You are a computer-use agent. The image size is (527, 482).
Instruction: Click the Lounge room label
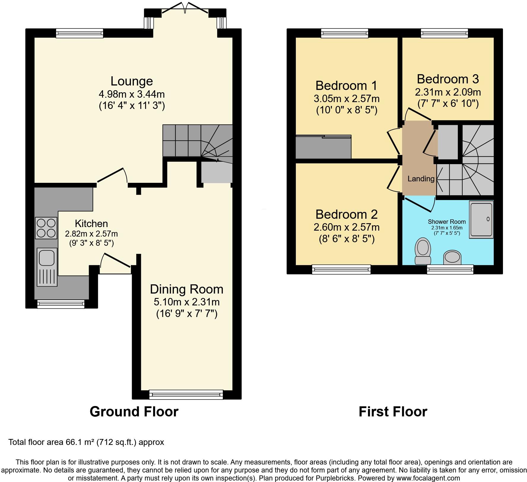coord(131,81)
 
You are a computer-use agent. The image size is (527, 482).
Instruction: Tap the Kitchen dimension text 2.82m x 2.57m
coord(91,234)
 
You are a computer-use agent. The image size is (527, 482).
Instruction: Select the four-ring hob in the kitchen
coord(46,228)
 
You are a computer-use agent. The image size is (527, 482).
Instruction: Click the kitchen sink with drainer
coord(47,267)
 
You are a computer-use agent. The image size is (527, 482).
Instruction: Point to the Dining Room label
coord(186,289)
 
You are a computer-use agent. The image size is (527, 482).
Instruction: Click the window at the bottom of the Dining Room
coord(186,394)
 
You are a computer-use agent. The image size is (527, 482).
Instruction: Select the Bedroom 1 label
coord(346,85)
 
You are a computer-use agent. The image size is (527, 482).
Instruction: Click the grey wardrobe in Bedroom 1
coord(323,147)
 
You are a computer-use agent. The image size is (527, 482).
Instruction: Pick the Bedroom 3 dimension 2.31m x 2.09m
coord(448,92)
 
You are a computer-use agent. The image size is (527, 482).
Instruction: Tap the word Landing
coord(421,179)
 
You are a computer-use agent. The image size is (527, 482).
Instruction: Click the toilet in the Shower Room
coord(423,250)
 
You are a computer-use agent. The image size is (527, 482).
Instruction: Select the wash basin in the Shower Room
coord(453,257)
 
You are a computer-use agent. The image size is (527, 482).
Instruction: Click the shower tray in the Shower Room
coord(481,219)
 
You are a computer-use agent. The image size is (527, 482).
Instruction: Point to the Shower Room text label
coord(447,222)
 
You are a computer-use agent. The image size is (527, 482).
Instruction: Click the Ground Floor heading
coord(134,412)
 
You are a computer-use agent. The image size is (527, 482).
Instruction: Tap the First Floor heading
coord(393,412)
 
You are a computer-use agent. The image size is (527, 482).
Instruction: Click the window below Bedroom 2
coord(341,269)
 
